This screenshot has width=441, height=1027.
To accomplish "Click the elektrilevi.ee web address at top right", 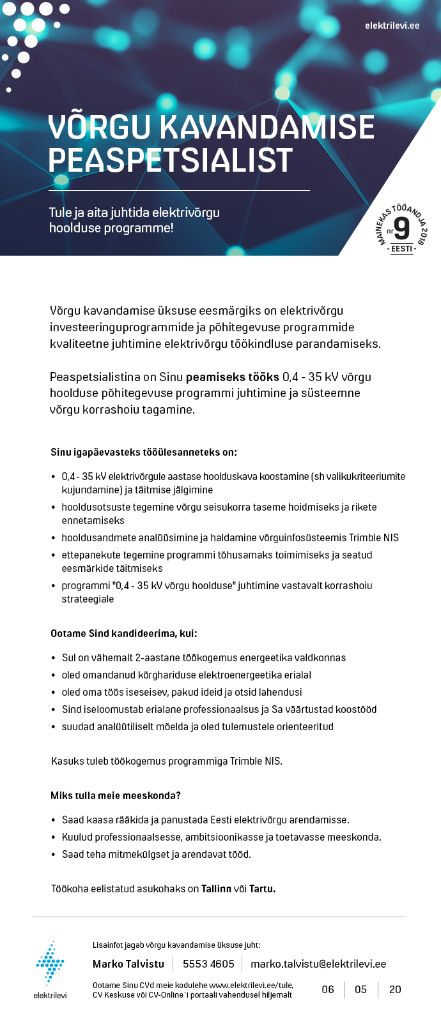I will (x=392, y=26).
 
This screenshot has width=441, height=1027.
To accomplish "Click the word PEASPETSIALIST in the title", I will (x=170, y=160).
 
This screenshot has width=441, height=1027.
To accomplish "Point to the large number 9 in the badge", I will (x=401, y=229).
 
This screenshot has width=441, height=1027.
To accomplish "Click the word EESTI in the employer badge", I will (x=401, y=249).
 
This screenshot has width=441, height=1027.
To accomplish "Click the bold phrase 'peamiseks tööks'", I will (x=232, y=377).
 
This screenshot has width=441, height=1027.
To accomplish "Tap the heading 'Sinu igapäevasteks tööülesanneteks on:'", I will (x=144, y=453).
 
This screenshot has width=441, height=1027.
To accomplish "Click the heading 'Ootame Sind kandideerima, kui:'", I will (x=124, y=634).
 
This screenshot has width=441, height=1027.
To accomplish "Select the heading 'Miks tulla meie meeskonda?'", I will (x=116, y=796).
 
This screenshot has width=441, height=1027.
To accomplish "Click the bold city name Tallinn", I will (x=216, y=889).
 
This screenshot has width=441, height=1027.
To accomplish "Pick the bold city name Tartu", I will (x=262, y=889).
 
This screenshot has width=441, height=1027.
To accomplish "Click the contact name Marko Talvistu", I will (x=128, y=964).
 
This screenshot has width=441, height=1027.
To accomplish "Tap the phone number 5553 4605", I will (x=208, y=964).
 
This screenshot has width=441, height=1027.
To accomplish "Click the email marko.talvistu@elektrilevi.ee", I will (x=318, y=964).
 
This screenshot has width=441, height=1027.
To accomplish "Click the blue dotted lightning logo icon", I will (x=50, y=963).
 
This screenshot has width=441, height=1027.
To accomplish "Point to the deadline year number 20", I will (x=395, y=989).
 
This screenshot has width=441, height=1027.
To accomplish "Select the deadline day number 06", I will (x=328, y=989).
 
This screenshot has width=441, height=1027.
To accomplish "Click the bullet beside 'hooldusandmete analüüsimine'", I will (x=53, y=538).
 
